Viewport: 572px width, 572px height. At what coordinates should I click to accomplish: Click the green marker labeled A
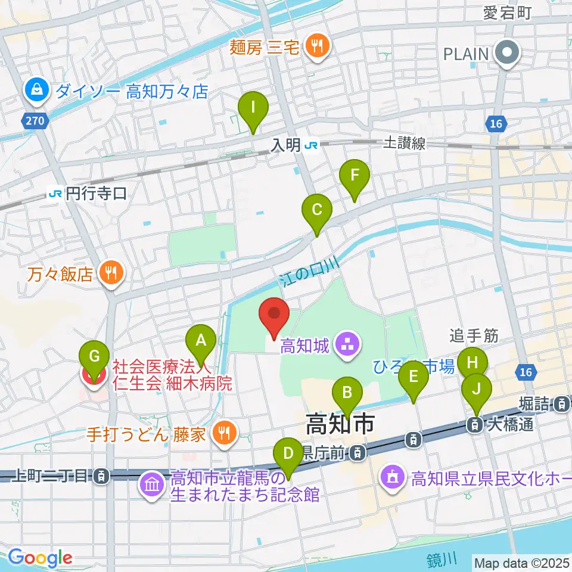click(x=201, y=341)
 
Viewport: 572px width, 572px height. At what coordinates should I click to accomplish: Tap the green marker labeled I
click(x=253, y=109)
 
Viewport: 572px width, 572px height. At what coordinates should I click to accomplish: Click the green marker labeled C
click(x=317, y=211)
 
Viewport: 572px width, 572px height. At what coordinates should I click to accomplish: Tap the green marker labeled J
click(x=477, y=389)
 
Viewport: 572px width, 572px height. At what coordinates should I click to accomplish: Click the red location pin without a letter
click(x=274, y=314)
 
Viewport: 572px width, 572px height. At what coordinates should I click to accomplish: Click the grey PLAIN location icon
click(x=508, y=54)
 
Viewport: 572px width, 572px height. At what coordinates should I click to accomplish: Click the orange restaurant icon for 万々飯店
click(x=111, y=273)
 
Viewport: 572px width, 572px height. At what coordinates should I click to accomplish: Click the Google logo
click(x=39, y=558)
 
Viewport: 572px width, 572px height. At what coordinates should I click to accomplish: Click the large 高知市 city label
click(x=340, y=425)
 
